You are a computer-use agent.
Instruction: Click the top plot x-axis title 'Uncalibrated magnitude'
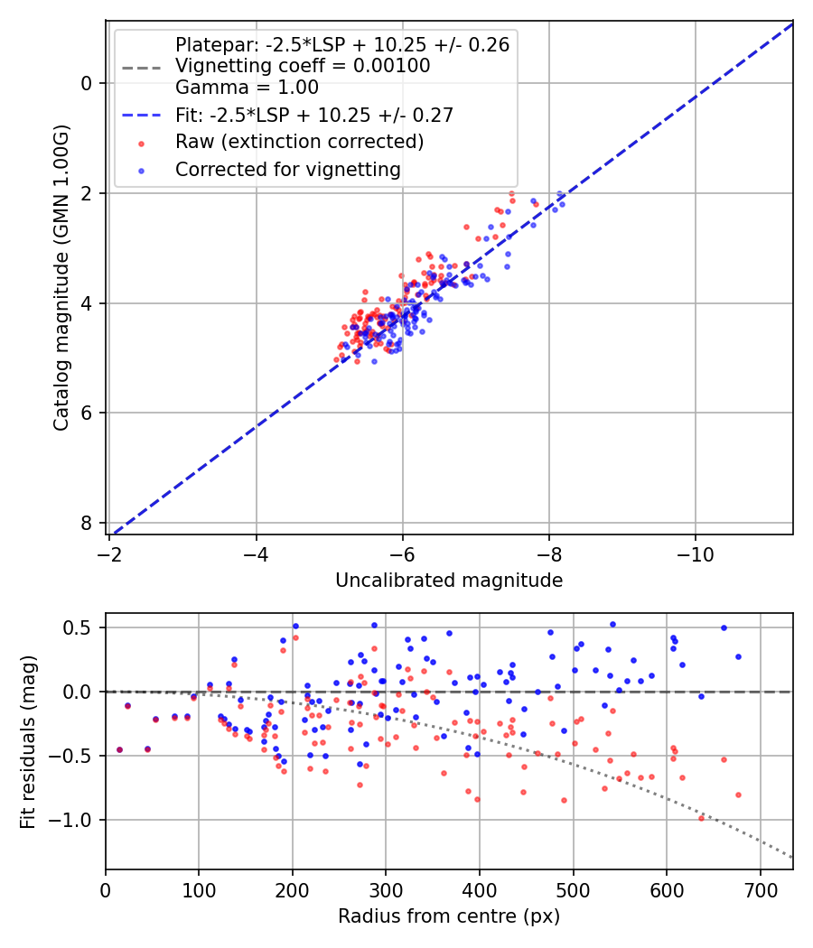pyautogui.click(x=449, y=581)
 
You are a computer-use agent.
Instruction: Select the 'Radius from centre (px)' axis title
pyautogui.click(x=449, y=916)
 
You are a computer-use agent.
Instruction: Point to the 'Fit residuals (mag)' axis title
pyautogui.click(x=28, y=742)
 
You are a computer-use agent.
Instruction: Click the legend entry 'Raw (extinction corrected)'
pyautogui.click(x=299, y=142)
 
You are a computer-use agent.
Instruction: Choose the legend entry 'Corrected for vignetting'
pyautogui.click(x=287, y=169)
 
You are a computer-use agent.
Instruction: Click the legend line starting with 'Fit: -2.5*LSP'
pyautogui.click(x=313, y=115)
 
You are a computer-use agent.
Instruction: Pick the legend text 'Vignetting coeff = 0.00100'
pyautogui.click(x=303, y=66)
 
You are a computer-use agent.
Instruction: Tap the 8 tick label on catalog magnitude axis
pyautogui.click(x=87, y=524)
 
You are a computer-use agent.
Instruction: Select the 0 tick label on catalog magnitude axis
pyautogui.click(x=87, y=83)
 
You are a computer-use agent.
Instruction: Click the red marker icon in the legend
pyautogui.click(x=140, y=143)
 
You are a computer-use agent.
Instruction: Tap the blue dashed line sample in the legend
pyautogui.click(x=140, y=115)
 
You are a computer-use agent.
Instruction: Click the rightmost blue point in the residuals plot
pyautogui.click(x=738, y=656)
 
